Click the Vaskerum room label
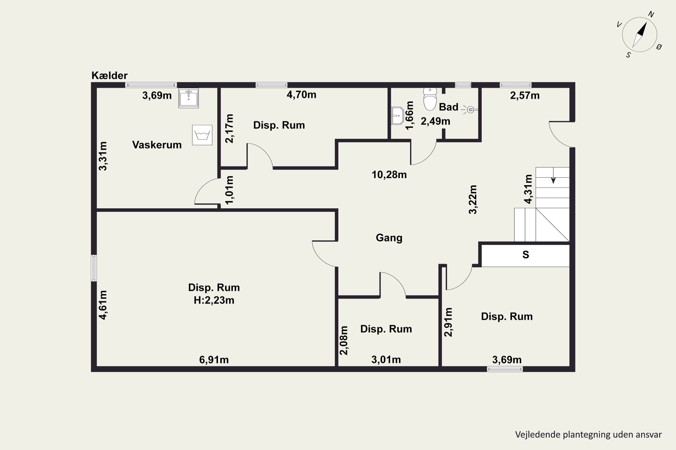157,145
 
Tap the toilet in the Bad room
430,99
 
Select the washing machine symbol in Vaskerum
202,135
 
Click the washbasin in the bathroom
397,116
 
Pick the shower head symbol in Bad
470,110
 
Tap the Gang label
389,238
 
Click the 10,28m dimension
389,175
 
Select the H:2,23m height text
214,300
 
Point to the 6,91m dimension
214,360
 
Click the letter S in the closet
525,254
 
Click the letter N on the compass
651,14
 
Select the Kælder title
110,75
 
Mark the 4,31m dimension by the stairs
528,189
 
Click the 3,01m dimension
386,360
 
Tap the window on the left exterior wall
94,268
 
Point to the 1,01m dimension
229,190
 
